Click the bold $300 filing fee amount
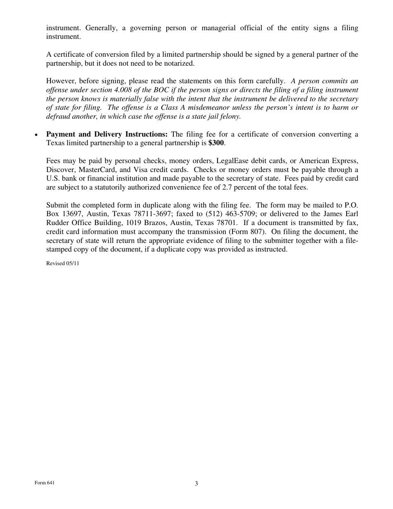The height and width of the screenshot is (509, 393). [216, 143]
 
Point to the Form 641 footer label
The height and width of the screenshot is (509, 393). [45, 483]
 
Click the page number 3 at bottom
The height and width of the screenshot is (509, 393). [196, 483]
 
